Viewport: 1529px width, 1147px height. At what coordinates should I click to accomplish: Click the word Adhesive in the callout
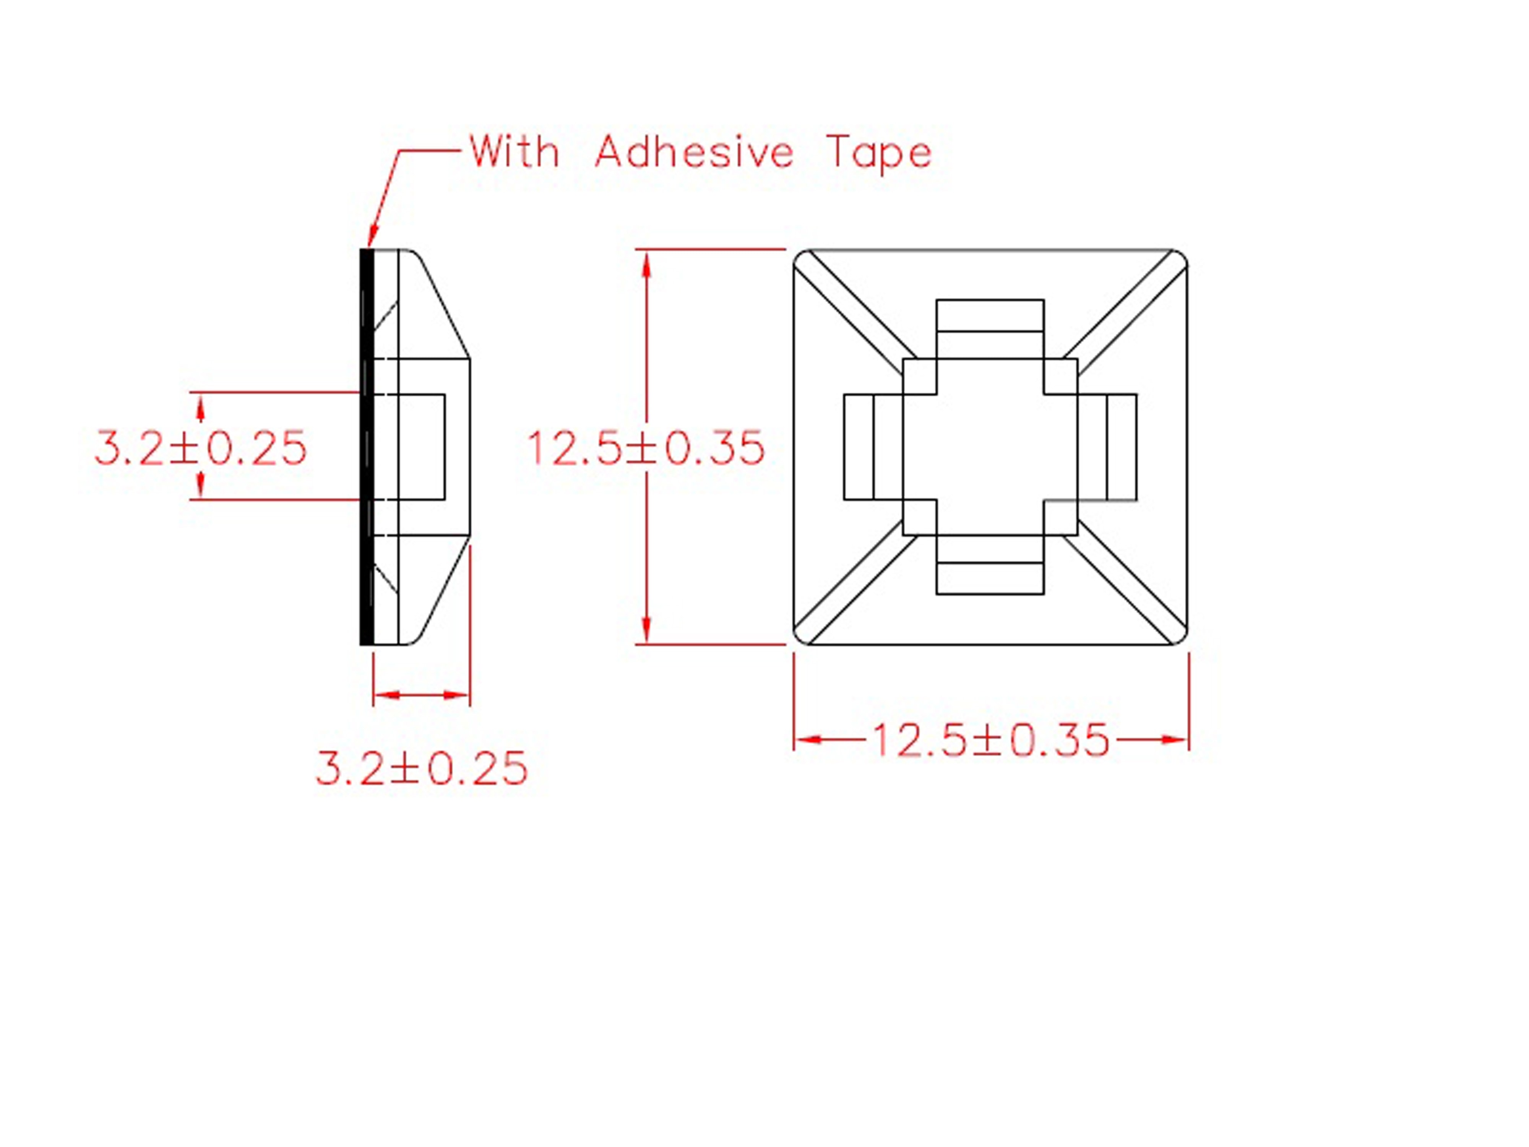click(x=694, y=152)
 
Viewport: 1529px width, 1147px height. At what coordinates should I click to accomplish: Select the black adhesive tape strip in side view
click(x=366, y=447)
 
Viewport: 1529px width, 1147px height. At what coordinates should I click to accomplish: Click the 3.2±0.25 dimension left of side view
click(x=200, y=448)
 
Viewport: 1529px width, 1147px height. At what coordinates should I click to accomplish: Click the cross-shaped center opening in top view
click(x=990, y=447)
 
